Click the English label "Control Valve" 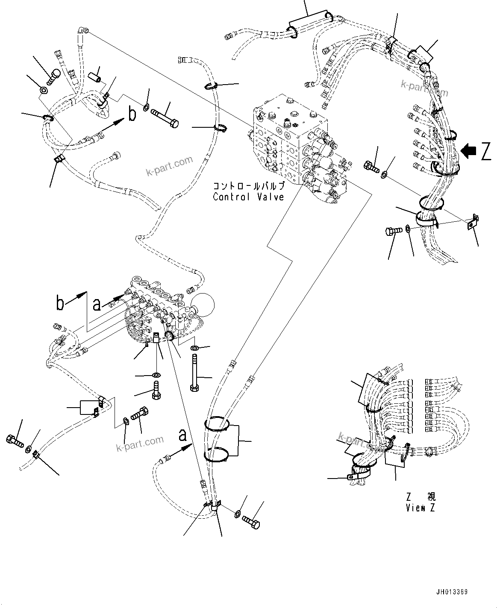(248, 197)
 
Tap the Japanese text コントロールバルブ (248, 186)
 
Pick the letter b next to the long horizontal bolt (132, 114)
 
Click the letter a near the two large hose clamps (182, 435)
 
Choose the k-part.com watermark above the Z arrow (424, 88)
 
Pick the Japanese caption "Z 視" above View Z (421, 497)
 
